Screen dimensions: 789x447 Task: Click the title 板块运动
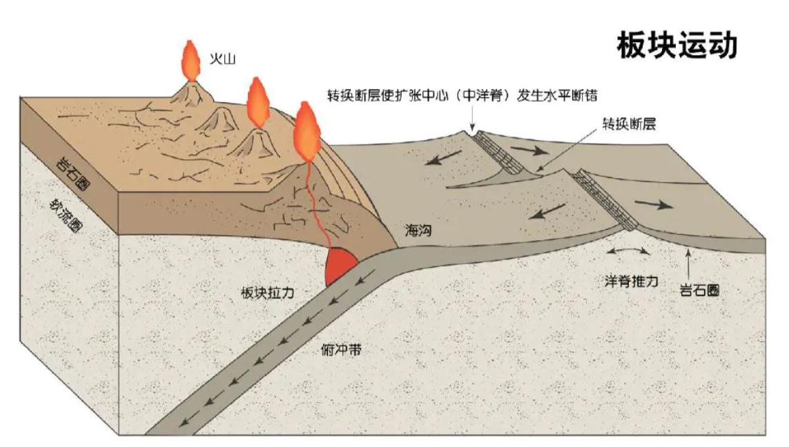coord(676,45)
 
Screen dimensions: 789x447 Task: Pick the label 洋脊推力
coord(631,281)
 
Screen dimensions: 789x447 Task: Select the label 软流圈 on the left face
coord(63,216)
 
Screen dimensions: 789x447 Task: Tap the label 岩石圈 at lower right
coord(699,290)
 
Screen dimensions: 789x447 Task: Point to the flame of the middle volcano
coord(257,101)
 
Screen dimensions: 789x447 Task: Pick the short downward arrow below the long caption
coord(472,120)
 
